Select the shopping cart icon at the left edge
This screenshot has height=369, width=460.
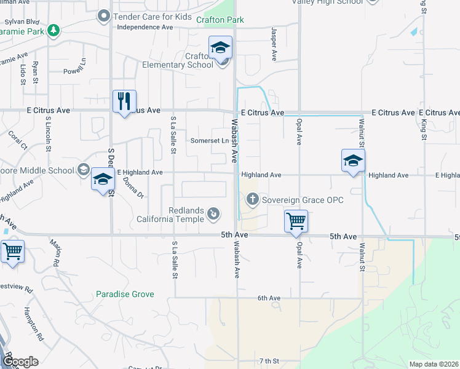coord(12,250)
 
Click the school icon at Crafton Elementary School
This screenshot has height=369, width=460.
coord(220,48)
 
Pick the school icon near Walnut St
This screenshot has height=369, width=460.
coord(354,161)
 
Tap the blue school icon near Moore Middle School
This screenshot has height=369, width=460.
coord(103,179)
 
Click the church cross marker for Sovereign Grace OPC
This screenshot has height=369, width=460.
coord(252,199)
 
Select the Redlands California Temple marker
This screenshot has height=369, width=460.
coord(213,213)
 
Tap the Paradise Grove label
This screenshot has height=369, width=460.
coord(125,295)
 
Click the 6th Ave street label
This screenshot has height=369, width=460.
coord(269,298)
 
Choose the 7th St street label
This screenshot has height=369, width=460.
coord(269,360)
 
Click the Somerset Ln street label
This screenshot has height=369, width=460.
coord(209,141)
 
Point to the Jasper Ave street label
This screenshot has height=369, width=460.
coord(274,44)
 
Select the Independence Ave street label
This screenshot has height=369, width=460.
coord(145,28)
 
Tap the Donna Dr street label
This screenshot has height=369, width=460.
coord(135,188)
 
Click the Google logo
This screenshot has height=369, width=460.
coord(20,362)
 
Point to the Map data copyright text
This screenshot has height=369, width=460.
coord(433,364)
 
